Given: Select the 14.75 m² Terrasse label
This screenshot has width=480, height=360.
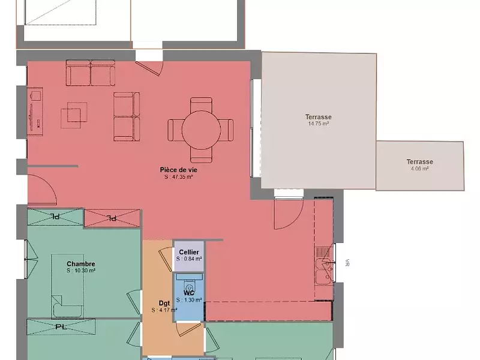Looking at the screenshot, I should [319, 117].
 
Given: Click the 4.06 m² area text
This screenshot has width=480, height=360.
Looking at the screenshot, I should [419, 169].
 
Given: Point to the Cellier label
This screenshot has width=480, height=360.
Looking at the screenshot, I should [189, 252].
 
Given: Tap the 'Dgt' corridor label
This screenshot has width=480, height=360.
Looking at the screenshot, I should [164, 303].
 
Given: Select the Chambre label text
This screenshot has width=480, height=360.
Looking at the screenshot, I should [81, 264].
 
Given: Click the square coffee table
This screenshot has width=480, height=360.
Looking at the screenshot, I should [74, 115].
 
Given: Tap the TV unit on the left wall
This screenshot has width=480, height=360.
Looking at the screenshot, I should [34, 108].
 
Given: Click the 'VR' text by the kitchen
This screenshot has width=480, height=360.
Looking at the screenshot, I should [347, 263].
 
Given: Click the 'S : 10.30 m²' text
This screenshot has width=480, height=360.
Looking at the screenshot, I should [81, 271].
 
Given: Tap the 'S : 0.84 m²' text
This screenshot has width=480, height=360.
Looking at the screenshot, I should [189, 259].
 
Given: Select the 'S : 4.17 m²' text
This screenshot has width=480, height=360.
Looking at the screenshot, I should [164, 310].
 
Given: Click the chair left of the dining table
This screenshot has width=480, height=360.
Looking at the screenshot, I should [174, 130].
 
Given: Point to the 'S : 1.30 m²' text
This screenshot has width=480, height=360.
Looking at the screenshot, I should [189, 300].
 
